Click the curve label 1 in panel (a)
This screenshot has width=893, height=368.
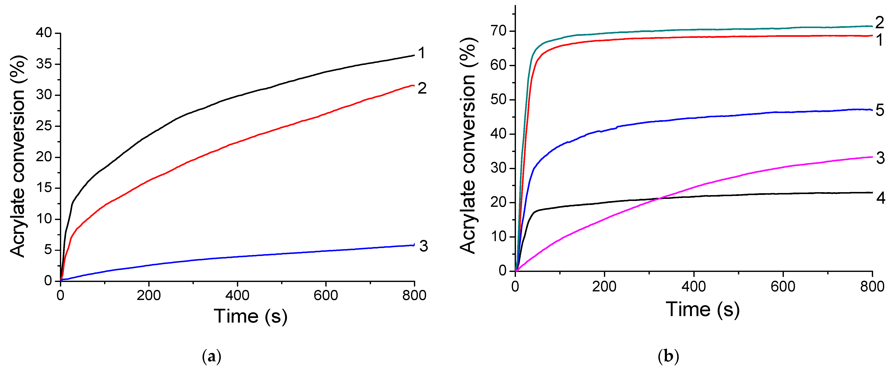click(x=421, y=53)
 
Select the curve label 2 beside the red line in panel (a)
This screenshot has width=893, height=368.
click(x=422, y=88)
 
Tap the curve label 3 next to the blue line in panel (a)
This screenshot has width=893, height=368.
click(x=423, y=246)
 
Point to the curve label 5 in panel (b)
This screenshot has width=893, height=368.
click(x=880, y=110)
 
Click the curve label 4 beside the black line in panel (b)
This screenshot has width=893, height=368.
click(x=880, y=198)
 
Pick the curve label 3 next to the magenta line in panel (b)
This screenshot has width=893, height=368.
click(x=880, y=158)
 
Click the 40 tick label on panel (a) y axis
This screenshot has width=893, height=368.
click(x=44, y=33)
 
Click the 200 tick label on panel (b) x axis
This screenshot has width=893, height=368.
click(x=604, y=287)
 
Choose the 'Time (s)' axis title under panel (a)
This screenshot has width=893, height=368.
click(x=250, y=316)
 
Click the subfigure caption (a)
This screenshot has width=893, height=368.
click(x=211, y=356)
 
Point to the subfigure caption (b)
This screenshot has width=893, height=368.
click(x=668, y=356)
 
